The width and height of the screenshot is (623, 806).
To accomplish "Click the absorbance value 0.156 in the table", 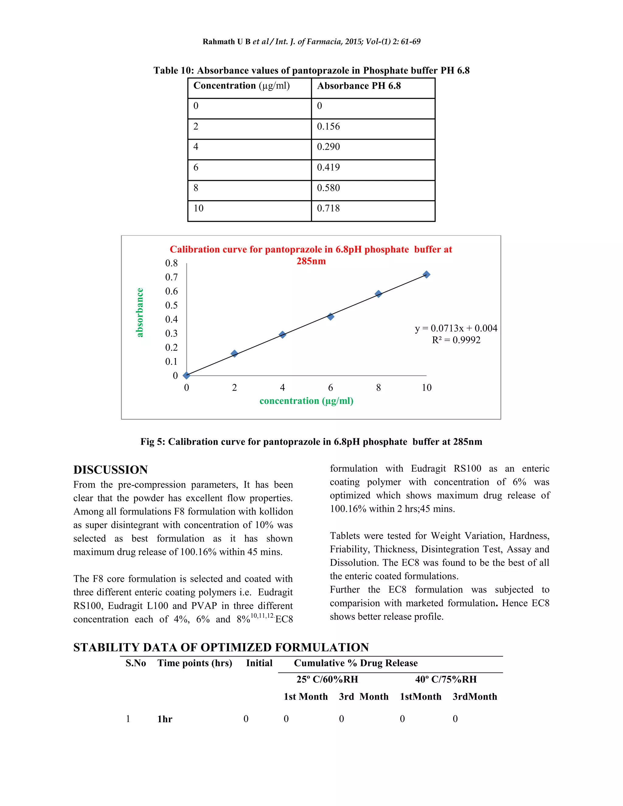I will [328, 127].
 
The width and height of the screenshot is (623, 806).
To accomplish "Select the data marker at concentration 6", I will [330, 317].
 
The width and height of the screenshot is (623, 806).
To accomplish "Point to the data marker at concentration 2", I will [234, 353].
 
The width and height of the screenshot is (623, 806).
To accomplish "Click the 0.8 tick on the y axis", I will [171, 263].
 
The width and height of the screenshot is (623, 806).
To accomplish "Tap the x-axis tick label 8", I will [378, 387].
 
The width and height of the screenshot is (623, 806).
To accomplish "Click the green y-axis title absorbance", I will [140, 313].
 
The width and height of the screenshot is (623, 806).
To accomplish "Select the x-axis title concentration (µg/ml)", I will [306, 401].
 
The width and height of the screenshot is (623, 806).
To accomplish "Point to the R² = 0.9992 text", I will [456, 340].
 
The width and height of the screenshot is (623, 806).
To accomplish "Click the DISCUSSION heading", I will [110, 470].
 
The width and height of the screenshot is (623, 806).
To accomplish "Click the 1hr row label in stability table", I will [165, 719].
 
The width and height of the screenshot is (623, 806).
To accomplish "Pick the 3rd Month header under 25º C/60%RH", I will [364, 697].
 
